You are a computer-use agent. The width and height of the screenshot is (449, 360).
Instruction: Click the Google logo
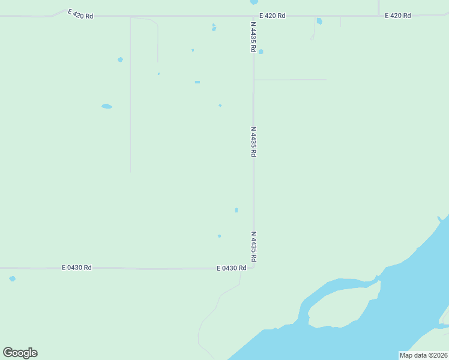[20, 352]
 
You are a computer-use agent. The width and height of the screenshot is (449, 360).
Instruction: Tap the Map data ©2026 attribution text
[423, 355]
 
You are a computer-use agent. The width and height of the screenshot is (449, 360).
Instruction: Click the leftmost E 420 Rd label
[80, 15]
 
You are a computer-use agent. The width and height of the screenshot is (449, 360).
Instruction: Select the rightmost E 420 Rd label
[398, 15]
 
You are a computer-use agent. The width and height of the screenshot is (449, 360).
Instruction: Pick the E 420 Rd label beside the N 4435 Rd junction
[272, 15]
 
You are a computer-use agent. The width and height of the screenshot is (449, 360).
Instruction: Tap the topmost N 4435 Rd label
[254, 37]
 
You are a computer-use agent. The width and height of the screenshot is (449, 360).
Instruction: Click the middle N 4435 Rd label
[254, 142]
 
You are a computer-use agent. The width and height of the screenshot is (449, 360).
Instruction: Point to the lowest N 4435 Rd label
[254, 246]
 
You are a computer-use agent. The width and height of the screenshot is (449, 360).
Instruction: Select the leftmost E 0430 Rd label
[77, 268]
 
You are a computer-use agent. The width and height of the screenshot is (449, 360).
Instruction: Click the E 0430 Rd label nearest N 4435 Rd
[232, 268]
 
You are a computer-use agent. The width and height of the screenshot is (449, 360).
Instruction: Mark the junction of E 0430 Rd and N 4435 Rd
[253, 267]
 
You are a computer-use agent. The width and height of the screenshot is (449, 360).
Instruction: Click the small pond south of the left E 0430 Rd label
[13, 278]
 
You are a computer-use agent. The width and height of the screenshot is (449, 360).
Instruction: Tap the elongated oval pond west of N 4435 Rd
[107, 106]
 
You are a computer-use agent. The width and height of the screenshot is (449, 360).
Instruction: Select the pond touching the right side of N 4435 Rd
[261, 52]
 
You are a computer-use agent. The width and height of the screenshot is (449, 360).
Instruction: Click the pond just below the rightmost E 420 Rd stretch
[319, 22]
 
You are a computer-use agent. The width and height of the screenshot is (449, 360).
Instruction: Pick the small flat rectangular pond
[197, 82]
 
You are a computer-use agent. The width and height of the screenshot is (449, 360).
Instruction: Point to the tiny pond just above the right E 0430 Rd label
[219, 236]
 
